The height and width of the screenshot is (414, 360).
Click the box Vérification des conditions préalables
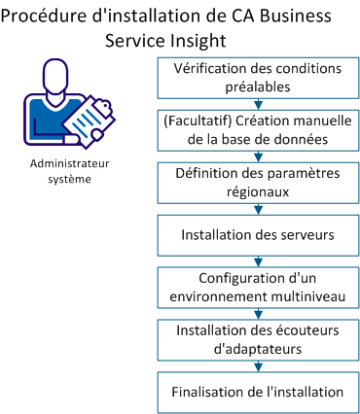(258, 77)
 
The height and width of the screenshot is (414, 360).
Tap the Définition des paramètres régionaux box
(258, 182)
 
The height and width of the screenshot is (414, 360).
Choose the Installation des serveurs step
(258, 234)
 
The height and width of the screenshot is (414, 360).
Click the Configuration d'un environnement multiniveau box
(258, 286)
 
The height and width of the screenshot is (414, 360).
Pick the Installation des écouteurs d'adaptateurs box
(258, 339)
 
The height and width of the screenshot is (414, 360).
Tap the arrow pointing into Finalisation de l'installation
(258, 365)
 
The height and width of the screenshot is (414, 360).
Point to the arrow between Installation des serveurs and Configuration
(258, 259)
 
